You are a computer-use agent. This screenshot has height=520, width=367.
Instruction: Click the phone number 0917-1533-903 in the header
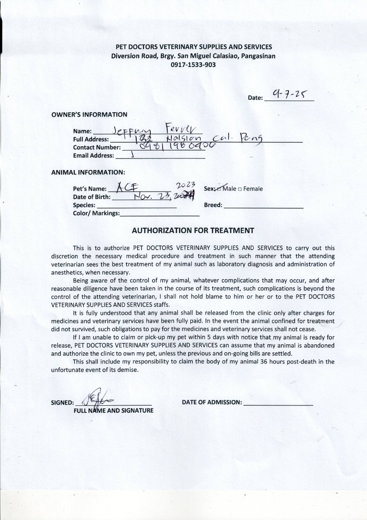(193, 64)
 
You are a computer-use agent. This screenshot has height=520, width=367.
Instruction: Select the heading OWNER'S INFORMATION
(89, 115)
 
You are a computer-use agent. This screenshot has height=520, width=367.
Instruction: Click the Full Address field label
(91, 139)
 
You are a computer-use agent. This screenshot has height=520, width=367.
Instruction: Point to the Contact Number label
(97, 147)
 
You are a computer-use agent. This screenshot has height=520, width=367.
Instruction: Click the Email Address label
(93, 156)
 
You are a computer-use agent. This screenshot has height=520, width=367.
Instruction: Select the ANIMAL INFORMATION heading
(88, 172)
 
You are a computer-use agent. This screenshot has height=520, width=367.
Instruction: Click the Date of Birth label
(92, 197)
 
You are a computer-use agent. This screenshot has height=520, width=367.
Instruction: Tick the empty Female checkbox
(239, 189)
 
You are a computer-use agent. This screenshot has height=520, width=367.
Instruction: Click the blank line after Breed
(263, 207)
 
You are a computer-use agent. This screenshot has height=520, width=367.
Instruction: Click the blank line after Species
(137, 207)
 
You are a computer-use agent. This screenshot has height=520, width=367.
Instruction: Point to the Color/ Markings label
(96, 213)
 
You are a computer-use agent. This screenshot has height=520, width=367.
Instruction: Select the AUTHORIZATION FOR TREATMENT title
(193, 230)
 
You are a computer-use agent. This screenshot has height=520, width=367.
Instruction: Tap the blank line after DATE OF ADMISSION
(278, 404)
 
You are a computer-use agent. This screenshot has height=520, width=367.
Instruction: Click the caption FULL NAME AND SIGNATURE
(113, 411)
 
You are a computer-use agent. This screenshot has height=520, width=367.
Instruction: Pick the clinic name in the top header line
(194, 47)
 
